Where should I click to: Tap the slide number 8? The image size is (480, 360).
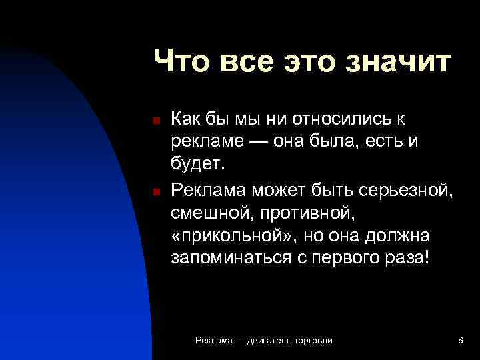[461, 341]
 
